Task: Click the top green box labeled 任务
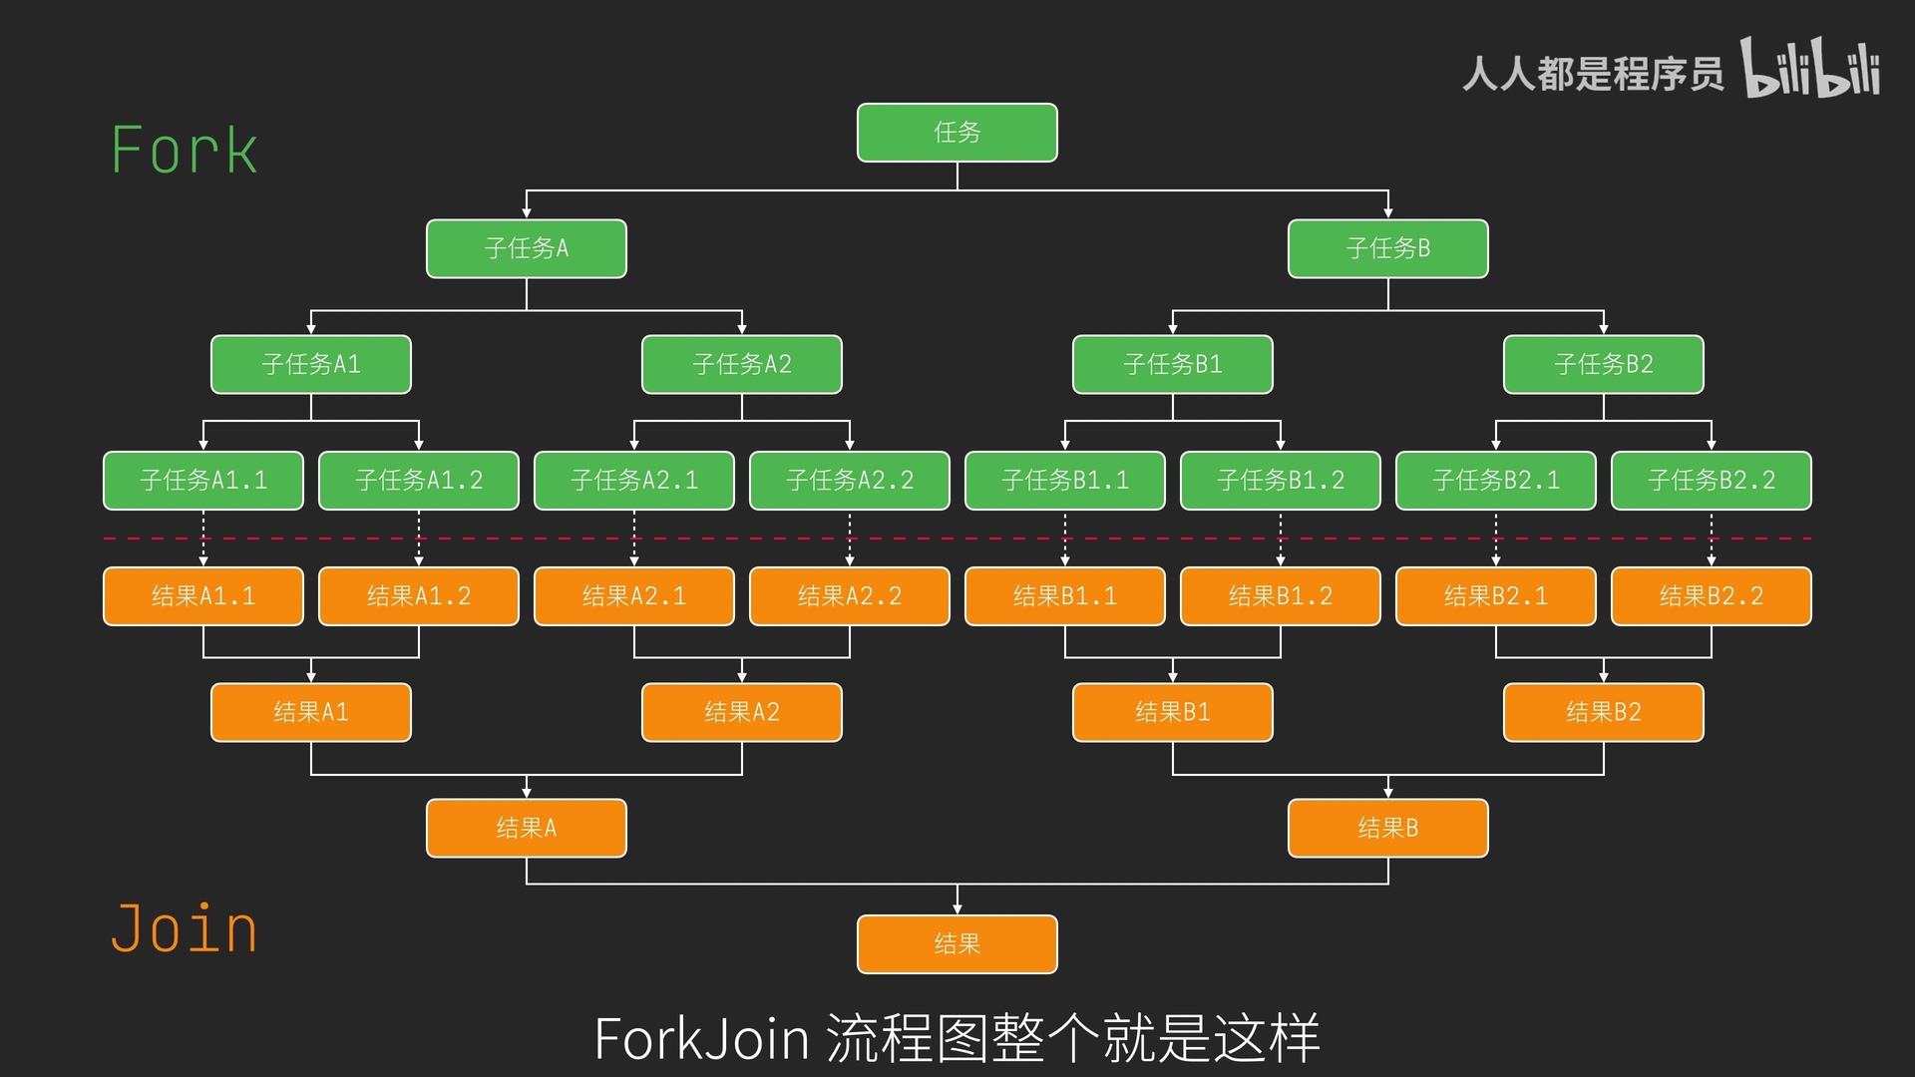click(x=957, y=133)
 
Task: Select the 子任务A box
click(x=526, y=248)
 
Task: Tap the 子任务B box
click(x=1387, y=248)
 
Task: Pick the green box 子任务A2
click(x=741, y=364)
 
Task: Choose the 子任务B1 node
click(x=1172, y=364)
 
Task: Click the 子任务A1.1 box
click(x=202, y=481)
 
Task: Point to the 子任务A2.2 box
click(x=849, y=481)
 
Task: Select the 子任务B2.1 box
click(x=1495, y=481)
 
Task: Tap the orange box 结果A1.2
click(x=418, y=596)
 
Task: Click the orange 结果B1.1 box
click(x=1064, y=596)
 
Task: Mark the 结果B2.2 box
click(x=1711, y=596)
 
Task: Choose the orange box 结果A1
click(x=310, y=712)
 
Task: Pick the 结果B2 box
click(x=1603, y=712)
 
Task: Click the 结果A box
click(x=526, y=828)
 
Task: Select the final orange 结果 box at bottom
click(x=957, y=943)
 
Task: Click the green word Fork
click(x=185, y=152)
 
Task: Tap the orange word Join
click(x=185, y=929)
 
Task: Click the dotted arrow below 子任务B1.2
click(x=1281, y=538)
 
